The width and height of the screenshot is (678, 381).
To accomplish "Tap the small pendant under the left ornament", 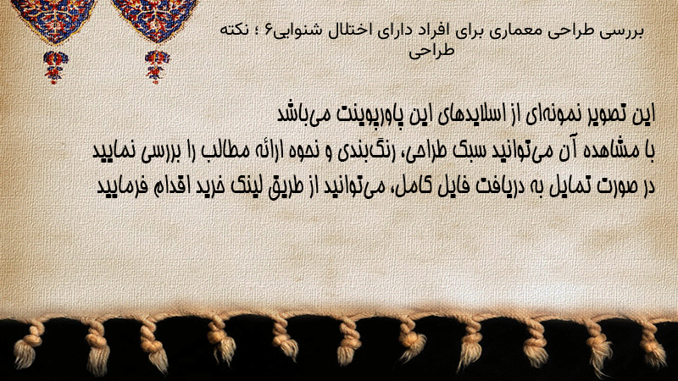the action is (x=55, y=67).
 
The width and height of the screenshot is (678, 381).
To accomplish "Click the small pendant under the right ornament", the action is (x=157, y=67).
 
